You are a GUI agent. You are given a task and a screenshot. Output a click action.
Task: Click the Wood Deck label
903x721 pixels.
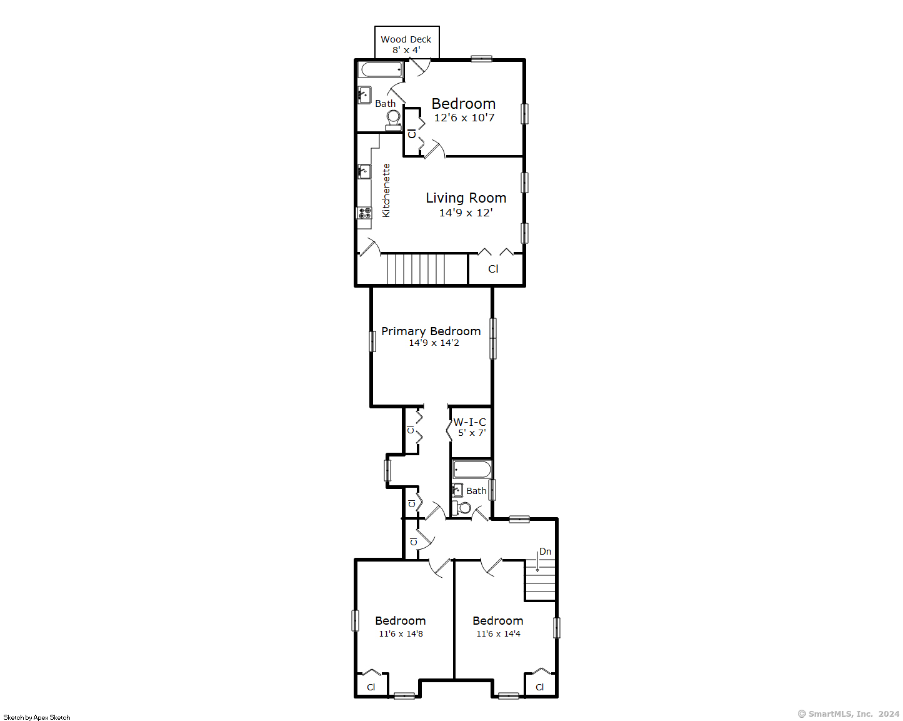(x=406, y=39)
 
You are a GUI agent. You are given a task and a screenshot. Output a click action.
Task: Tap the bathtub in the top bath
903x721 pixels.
(x=381, y=69)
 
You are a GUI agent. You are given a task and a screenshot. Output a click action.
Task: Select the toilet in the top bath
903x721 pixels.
(x=393, y=120)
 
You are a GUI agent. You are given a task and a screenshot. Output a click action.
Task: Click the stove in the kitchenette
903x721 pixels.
(x=364, y=213)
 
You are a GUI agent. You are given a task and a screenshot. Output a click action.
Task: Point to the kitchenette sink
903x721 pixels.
(x=364, y=171)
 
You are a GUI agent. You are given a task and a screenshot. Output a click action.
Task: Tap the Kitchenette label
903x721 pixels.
(x=386, y=190)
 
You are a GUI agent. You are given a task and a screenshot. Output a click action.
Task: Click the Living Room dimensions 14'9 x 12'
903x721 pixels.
(x=466, y=213)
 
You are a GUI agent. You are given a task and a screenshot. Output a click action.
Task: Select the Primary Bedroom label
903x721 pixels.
(x=431, y=331)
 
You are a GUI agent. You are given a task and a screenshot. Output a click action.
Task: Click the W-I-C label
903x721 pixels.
(x=469, y=422)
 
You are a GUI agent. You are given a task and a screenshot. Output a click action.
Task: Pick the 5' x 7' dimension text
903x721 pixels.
(x=472, y=433)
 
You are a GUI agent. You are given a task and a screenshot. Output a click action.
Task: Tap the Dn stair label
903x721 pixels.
(x=545, y=552)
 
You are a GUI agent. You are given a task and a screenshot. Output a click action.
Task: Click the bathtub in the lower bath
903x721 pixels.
(x=472, y=469)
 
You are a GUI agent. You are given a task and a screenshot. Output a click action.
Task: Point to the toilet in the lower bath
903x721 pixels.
(x=462, y=508)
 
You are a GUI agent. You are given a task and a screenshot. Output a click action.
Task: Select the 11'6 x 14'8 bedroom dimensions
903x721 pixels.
(x=401, y=633)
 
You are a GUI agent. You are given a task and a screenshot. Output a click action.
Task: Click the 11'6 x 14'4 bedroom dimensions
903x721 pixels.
(x=498, y=633)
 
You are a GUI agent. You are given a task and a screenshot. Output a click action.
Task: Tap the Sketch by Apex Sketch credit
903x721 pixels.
(x=37, y=717)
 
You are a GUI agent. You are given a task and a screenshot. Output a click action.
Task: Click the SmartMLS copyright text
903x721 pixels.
(x=849, y=714)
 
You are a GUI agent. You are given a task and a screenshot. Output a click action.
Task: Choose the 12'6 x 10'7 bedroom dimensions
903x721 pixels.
(x=464, y=118)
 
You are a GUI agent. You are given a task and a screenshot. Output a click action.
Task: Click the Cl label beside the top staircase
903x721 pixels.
(x=493, y=269)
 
